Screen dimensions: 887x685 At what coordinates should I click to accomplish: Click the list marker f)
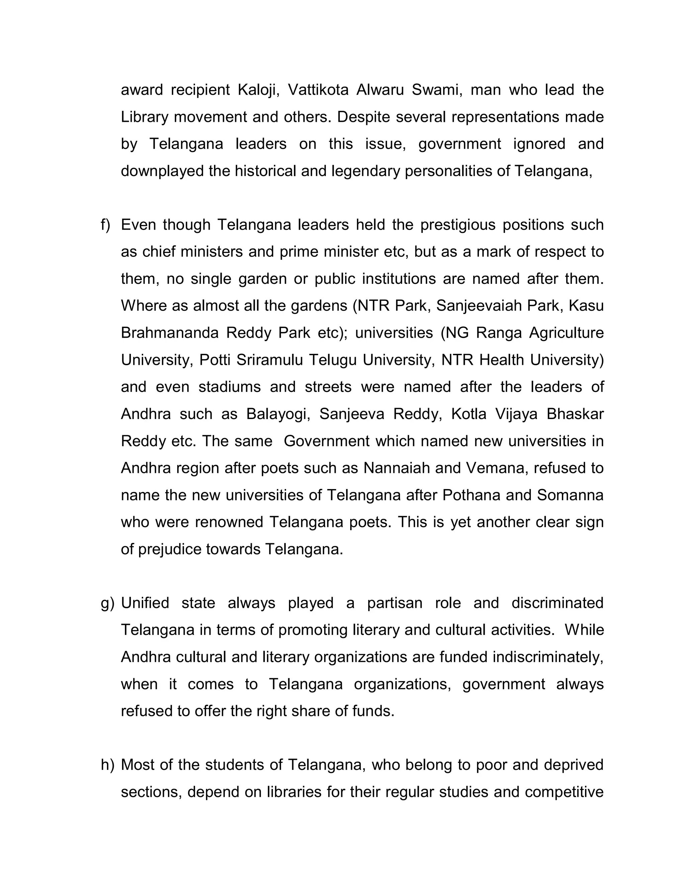(105, 225)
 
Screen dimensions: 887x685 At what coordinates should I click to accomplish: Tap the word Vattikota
(318, 90)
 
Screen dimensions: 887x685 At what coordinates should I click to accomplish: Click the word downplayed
(162, 171)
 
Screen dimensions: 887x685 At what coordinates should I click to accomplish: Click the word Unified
(145, 603)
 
